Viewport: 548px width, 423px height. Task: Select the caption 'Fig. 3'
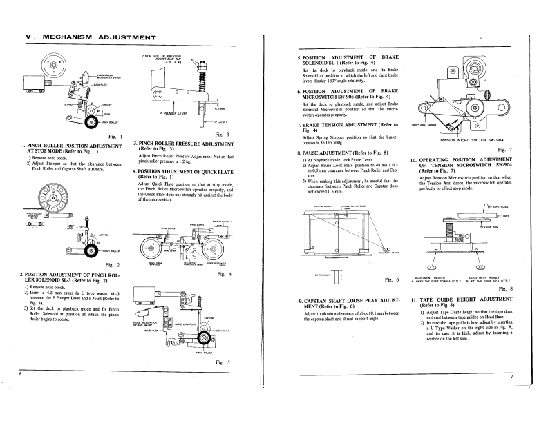(x=222, y=133)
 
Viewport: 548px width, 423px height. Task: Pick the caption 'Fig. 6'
(x=392, y=279)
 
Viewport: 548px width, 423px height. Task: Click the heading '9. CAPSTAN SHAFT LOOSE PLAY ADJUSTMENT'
(x=343, y=304)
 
